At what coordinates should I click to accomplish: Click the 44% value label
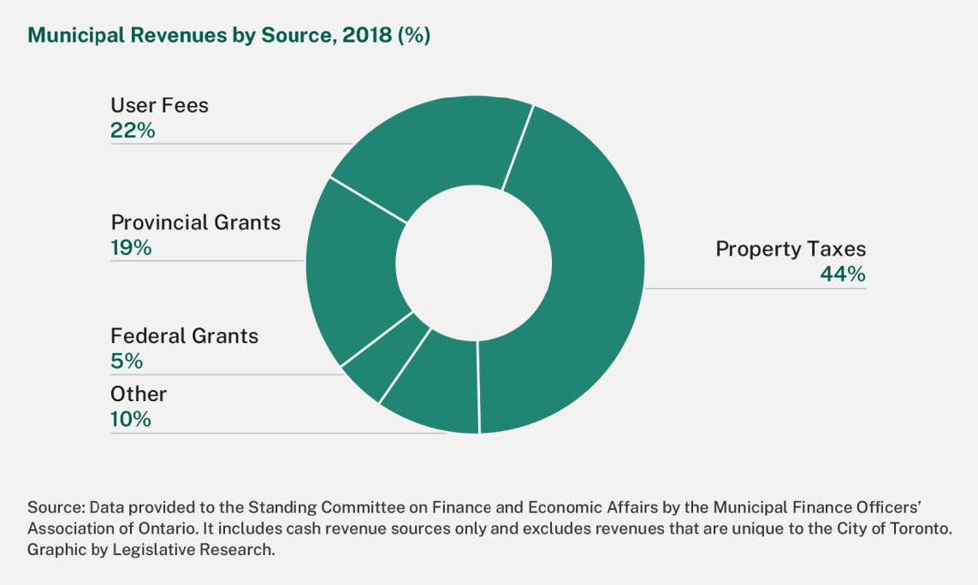pos(843,275)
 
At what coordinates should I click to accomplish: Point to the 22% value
pos(133,131)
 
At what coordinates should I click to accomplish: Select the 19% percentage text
pos(131,248)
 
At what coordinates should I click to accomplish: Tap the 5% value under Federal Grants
pos(127,361)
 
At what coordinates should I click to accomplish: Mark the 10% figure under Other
pos(131,419)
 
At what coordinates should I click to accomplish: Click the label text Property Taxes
pos(791,249)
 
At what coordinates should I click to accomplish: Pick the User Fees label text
pos(159,105)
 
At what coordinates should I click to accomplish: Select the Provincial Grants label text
pos(195,222)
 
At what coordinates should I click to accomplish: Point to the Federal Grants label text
pos(184,336)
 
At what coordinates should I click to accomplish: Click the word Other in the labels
pos(139,394)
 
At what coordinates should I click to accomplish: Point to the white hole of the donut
pos(475,264)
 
